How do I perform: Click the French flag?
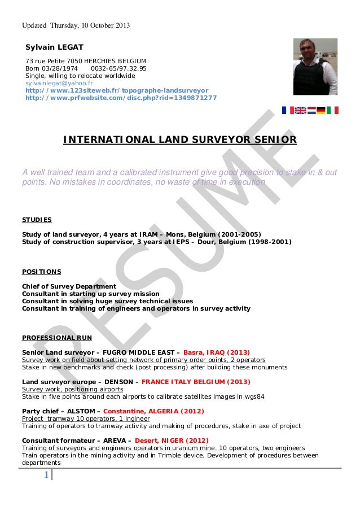point(288,110)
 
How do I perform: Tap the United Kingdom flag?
point(300,110)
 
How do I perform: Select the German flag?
point(321,110)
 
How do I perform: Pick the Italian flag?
point(332,110)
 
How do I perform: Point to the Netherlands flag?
point(311,110)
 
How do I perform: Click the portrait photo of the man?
point(315,67)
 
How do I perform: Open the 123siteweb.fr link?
point(117,90)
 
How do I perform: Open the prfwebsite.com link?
point(121,97)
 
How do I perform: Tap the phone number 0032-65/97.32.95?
point(118,68)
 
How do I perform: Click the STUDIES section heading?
point(37,220)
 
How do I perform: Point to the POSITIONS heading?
point(41,272)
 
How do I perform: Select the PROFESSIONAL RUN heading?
point(56,338)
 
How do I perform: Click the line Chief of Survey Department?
point(69,286)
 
